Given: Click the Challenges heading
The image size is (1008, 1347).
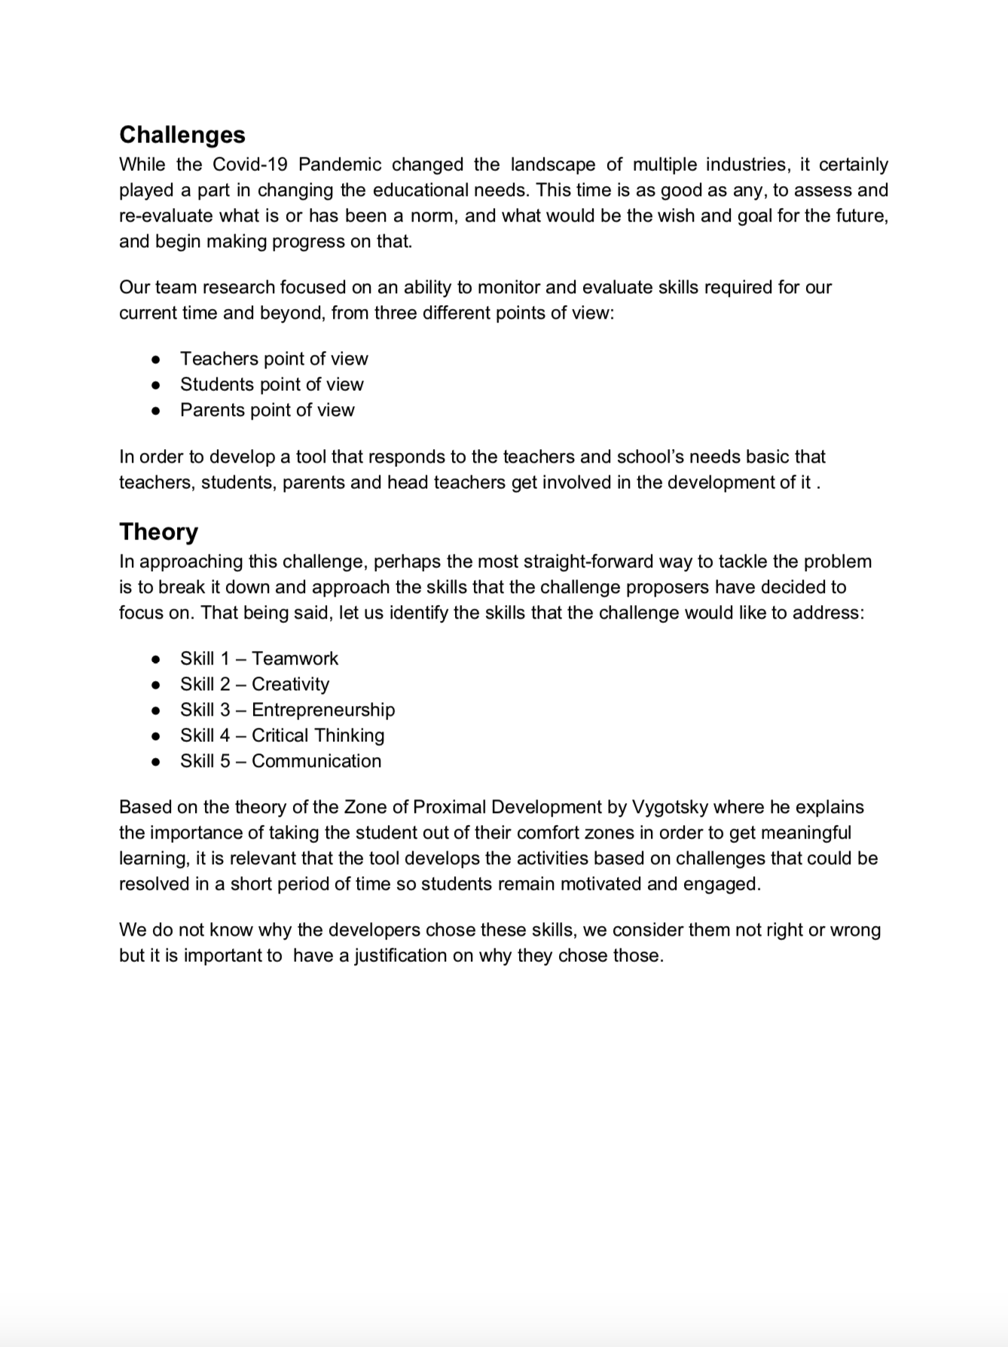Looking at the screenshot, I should (182, 134).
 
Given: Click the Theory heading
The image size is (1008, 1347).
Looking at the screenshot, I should (158, 531).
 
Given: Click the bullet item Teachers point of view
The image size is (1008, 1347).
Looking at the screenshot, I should (273, 359).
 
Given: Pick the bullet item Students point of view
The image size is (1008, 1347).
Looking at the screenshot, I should (271, 384).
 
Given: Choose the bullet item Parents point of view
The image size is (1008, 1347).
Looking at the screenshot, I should (267, 410).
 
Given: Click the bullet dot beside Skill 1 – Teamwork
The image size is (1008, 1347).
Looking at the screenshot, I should (156, 659).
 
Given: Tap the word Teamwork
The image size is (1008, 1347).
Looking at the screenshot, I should (295, 658).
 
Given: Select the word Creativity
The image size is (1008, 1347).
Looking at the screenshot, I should (290, 684).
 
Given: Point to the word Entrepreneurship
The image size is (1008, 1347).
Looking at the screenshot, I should (323, 710).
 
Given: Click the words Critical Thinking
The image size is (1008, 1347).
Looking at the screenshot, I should (318, 735).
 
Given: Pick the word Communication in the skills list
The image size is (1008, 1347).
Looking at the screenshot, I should (316, 761).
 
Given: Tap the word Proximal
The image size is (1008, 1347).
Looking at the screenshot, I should (450, 807).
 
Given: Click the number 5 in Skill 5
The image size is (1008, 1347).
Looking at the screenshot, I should (225, 761).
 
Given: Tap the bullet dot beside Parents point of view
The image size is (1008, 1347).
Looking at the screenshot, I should (156, 411).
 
